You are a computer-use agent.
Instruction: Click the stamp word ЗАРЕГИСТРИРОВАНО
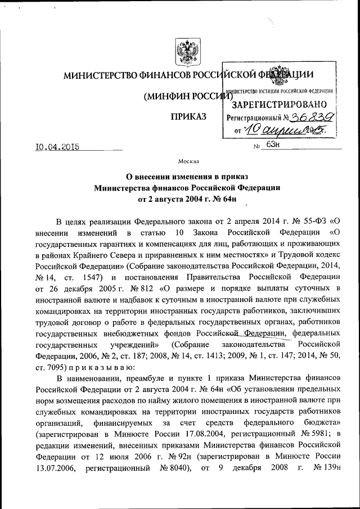point(279,104)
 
